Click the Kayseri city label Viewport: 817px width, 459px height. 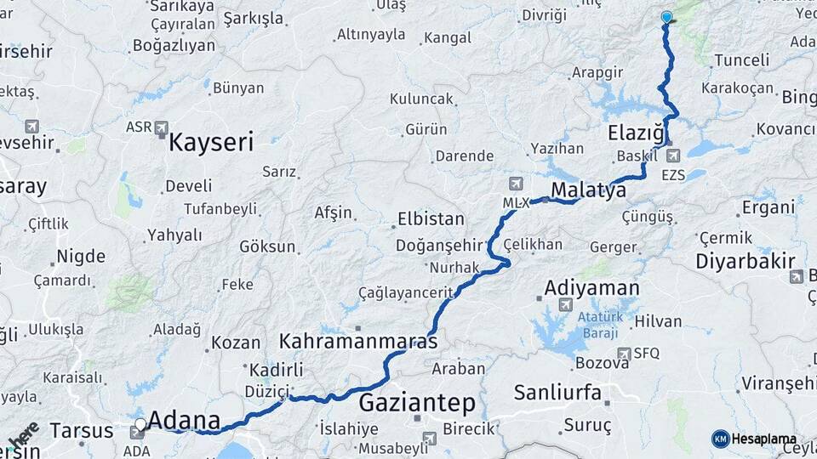click(211, 141)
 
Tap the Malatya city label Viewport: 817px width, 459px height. click(588, 190)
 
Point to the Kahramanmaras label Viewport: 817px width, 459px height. click(358, 342)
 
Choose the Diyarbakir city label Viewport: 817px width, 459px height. click(746, 261)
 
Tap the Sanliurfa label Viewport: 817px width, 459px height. click(557, 393)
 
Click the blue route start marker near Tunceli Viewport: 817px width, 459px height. click(666, 17)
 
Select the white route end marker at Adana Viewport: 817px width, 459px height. click(140, 423)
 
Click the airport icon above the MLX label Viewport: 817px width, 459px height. click(516, 184)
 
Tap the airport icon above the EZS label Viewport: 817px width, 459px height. click(674, 156)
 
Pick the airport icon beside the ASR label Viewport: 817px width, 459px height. click(162, 127)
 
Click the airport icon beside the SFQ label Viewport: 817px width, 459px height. click(625, 354)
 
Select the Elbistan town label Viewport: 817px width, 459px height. click(431, 219)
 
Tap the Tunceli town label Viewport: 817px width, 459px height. click(741, 60)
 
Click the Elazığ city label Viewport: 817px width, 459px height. click(636, 133)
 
